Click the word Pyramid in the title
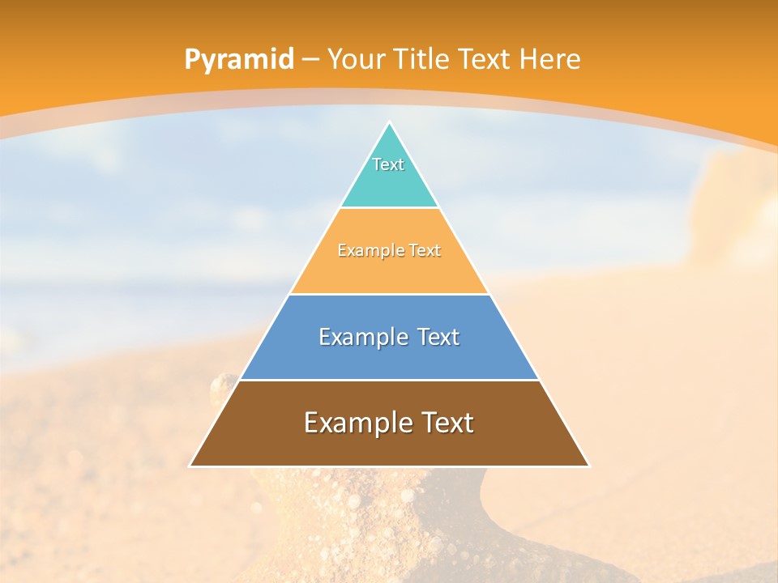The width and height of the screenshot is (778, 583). (x=239, y=59)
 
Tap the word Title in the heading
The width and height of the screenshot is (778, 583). (x=421, y=59)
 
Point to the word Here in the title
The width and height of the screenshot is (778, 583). (x=550, y=59)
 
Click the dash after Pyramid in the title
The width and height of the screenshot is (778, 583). (x=310, y=60)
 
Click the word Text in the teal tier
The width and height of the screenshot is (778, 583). (x=388, y=164)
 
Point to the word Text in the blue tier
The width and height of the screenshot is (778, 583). (x=438, y=337)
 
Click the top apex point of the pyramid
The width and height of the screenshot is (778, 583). (x=389, y=122)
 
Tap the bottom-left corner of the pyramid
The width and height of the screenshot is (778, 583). (x=190, y=466)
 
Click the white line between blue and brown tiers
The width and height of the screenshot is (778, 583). (x=389, y=380)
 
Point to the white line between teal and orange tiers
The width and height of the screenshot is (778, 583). (x=389, y=207)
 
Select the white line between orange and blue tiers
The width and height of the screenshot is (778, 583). (x=389, y=294)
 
